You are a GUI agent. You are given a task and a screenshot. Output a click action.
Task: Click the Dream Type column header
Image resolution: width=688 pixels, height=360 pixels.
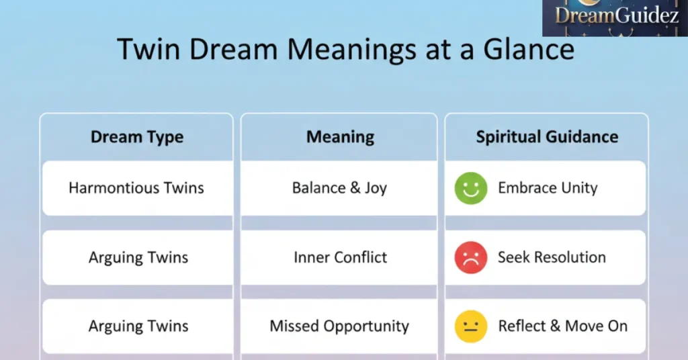pos(137,137)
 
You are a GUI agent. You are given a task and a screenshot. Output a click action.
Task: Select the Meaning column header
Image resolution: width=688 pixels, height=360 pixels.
pos(340,137)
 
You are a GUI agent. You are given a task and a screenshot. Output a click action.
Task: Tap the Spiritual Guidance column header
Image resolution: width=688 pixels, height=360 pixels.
pos(547,137)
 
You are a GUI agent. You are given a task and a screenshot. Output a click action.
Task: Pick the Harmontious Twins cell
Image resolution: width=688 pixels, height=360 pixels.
pos(136,188)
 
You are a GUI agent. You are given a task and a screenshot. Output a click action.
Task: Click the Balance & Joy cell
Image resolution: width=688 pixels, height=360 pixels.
pos(339,188)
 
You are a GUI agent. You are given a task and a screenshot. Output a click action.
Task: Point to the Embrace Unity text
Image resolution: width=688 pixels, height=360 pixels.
pos(548,188)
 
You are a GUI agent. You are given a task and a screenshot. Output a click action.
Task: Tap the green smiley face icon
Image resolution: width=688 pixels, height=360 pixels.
pos(470,189)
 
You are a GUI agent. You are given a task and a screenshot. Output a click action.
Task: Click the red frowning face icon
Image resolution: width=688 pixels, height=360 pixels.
pos(470,258)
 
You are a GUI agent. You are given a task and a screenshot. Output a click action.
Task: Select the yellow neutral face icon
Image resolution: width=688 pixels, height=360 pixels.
pos(470,327)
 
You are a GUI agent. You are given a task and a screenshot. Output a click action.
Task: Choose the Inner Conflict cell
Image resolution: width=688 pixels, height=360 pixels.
pos(340,257)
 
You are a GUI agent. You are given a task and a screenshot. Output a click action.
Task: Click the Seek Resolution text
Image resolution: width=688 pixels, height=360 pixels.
pos(552,257)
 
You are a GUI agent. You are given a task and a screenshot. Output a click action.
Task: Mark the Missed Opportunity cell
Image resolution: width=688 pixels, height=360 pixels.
pos(339,326)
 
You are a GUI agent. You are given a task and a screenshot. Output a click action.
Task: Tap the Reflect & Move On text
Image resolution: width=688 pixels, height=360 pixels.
pos(562,326)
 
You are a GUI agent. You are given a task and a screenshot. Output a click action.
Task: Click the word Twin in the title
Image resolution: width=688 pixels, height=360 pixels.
pos(146,50)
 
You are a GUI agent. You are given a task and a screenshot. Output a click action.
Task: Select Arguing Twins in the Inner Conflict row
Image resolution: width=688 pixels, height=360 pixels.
pos(138,257)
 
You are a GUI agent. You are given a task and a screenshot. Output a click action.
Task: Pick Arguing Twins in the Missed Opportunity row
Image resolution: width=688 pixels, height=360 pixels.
pos(138,326)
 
